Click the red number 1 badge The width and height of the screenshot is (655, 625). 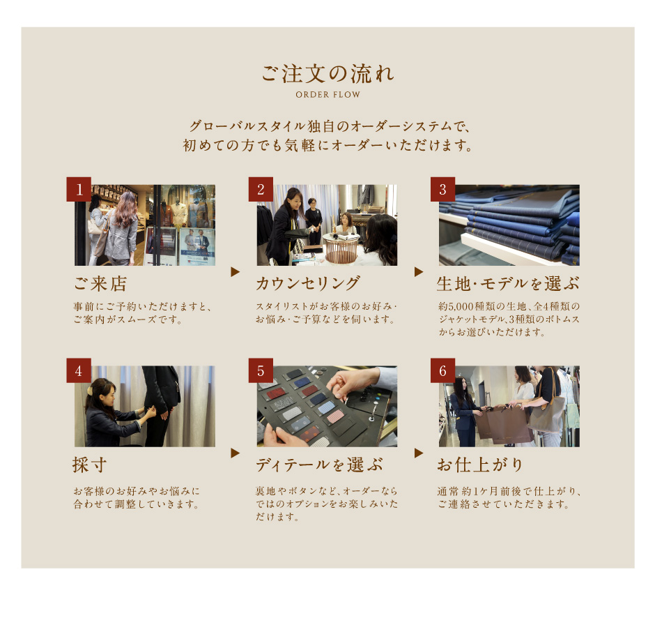(x=79, y=189)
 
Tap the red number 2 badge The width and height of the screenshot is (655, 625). (x=261, y=189)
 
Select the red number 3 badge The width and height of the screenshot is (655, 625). (x=442, y=189)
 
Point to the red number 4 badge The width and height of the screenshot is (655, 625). (x=79, y=370)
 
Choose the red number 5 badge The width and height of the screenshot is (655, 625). (x=261, y=370)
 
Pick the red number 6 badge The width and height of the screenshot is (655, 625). (x=442, y=370)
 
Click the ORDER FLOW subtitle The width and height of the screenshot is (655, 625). (x=328, y=95)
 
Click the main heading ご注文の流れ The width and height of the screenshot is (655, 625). (x=328, y=73)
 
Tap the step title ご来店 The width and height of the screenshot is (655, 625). (x=100, y=283)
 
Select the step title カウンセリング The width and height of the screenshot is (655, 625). (x=308, y=283)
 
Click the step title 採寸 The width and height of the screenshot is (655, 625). (x=90, y=465)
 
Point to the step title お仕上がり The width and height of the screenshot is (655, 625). (x=480, y=465)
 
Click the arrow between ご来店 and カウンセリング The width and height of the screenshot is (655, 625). (x=236, y=272)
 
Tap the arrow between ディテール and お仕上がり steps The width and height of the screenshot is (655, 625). (x=419, y=453)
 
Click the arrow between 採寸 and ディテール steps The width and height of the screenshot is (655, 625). (x=236, y=453)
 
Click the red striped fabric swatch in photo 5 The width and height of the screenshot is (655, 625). (x=277, y=393)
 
